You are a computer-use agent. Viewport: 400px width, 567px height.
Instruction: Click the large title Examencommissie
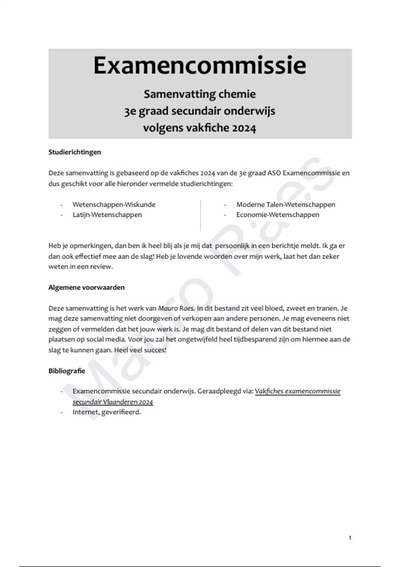pos(200,65)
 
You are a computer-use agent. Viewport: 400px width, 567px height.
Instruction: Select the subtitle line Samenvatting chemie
pos(200,94)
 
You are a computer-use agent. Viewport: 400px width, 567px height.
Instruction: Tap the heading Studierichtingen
pos(75,152)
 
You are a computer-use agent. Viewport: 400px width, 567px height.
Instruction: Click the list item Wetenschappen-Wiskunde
pos(114,204)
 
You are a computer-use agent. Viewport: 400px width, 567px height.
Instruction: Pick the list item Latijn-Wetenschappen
pos(107,215)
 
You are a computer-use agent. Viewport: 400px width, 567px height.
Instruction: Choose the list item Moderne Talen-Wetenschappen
pos(286,204)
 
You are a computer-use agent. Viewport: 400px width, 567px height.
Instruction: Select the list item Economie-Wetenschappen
pos(278,215)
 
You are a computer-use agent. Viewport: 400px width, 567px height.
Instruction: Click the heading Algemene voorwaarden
pos(87,288)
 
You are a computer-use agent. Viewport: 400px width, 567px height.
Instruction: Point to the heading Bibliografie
pos(67,371)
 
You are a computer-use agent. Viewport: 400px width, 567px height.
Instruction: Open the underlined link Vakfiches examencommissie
pos(298,391)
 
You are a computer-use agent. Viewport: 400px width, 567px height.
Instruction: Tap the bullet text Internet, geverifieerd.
pos(107,412)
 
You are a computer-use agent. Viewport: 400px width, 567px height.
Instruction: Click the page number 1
pos(350,537)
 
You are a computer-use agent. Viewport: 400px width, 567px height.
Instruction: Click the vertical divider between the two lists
pos(200,215)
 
